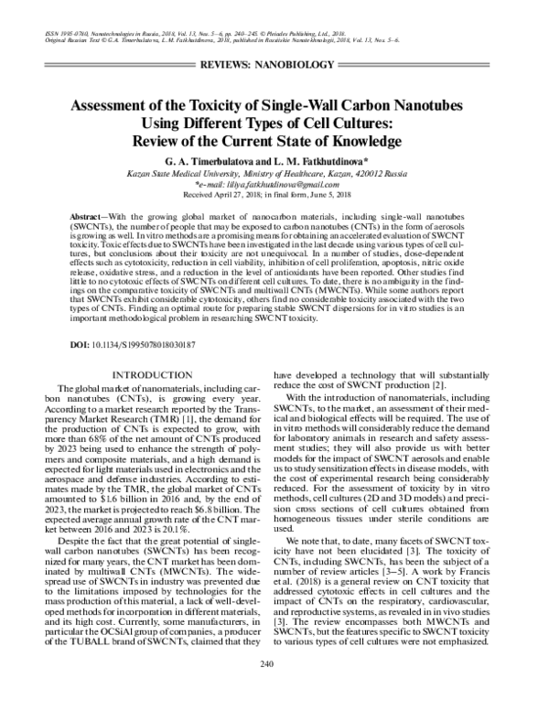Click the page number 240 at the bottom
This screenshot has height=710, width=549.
pos(274,688)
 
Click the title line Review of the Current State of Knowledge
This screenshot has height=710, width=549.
pos(274,142)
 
